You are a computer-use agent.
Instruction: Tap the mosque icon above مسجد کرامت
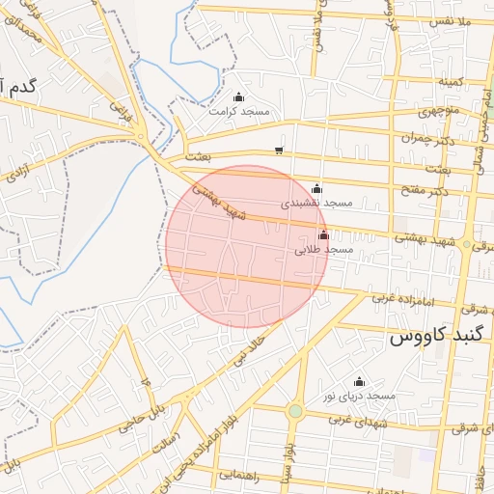[x=239, y=96]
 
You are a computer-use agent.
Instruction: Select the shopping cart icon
[x=279, y=150]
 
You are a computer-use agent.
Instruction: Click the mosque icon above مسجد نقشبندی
[x=317, y=188]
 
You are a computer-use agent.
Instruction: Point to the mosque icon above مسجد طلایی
[x=323, y=234]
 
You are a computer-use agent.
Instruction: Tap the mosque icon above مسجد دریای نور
[x=360, y=381]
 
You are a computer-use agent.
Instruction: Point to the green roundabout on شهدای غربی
[x=295, y=411]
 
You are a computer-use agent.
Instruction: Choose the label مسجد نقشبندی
[x=317, y=204]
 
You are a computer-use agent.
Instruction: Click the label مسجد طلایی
[x=325, y=250]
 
